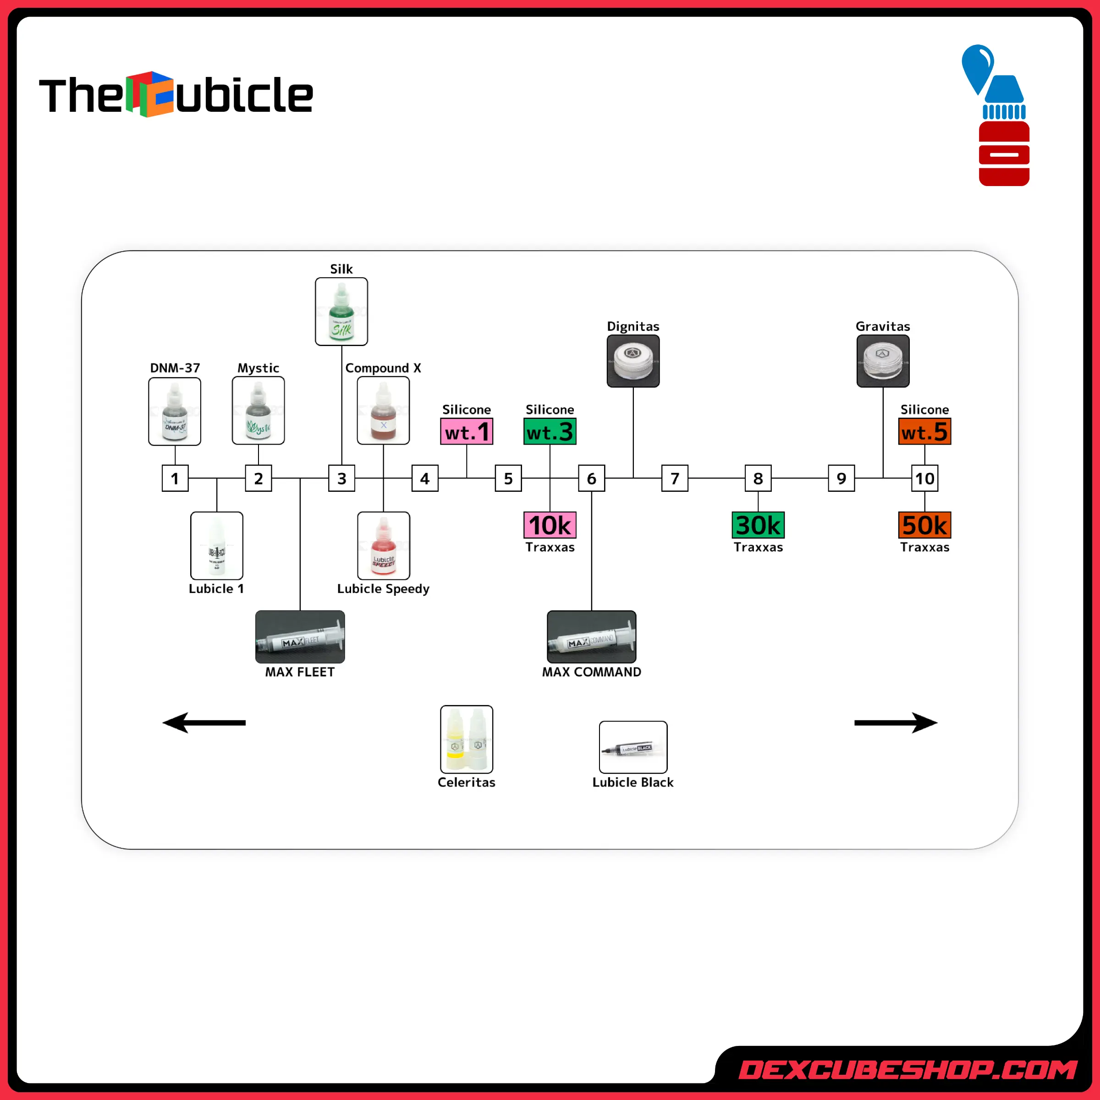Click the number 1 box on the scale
pos(175,478)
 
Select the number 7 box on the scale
pos(675,478)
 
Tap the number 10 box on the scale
pos(924,478)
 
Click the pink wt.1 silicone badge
pos(466,432)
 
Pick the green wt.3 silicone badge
pos(550,432)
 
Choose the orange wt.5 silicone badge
pos(924,432)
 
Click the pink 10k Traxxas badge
pos(550,525)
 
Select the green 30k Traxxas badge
pos(758,525)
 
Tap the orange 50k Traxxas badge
pos(924,525)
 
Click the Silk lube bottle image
pos(341,312)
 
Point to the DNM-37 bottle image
pos(175,411)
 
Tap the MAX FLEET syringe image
pos(300,637)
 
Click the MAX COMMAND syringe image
pos(592,637)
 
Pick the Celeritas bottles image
pos(466,739)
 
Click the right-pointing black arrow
pos(896,722)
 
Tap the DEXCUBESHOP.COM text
pos(907,1070)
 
